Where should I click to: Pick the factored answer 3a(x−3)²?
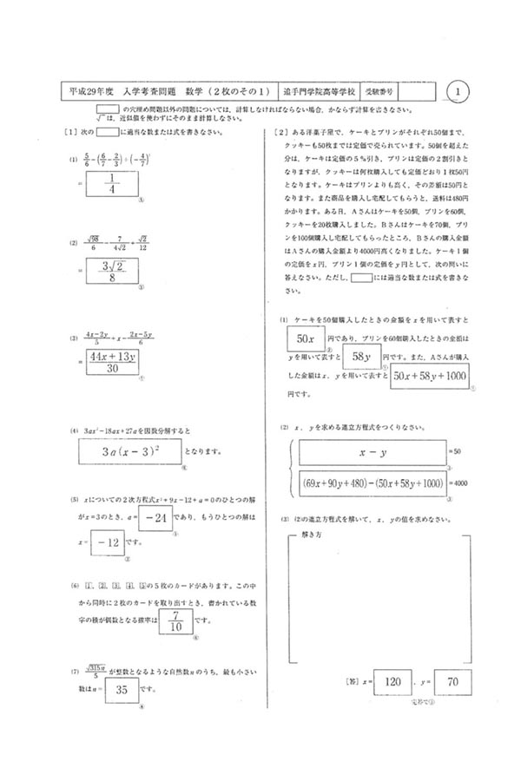point(130,451)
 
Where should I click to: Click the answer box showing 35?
point(122,691)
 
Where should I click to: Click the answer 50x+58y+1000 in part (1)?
point(430,375)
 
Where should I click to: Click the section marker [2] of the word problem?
point(280,132)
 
